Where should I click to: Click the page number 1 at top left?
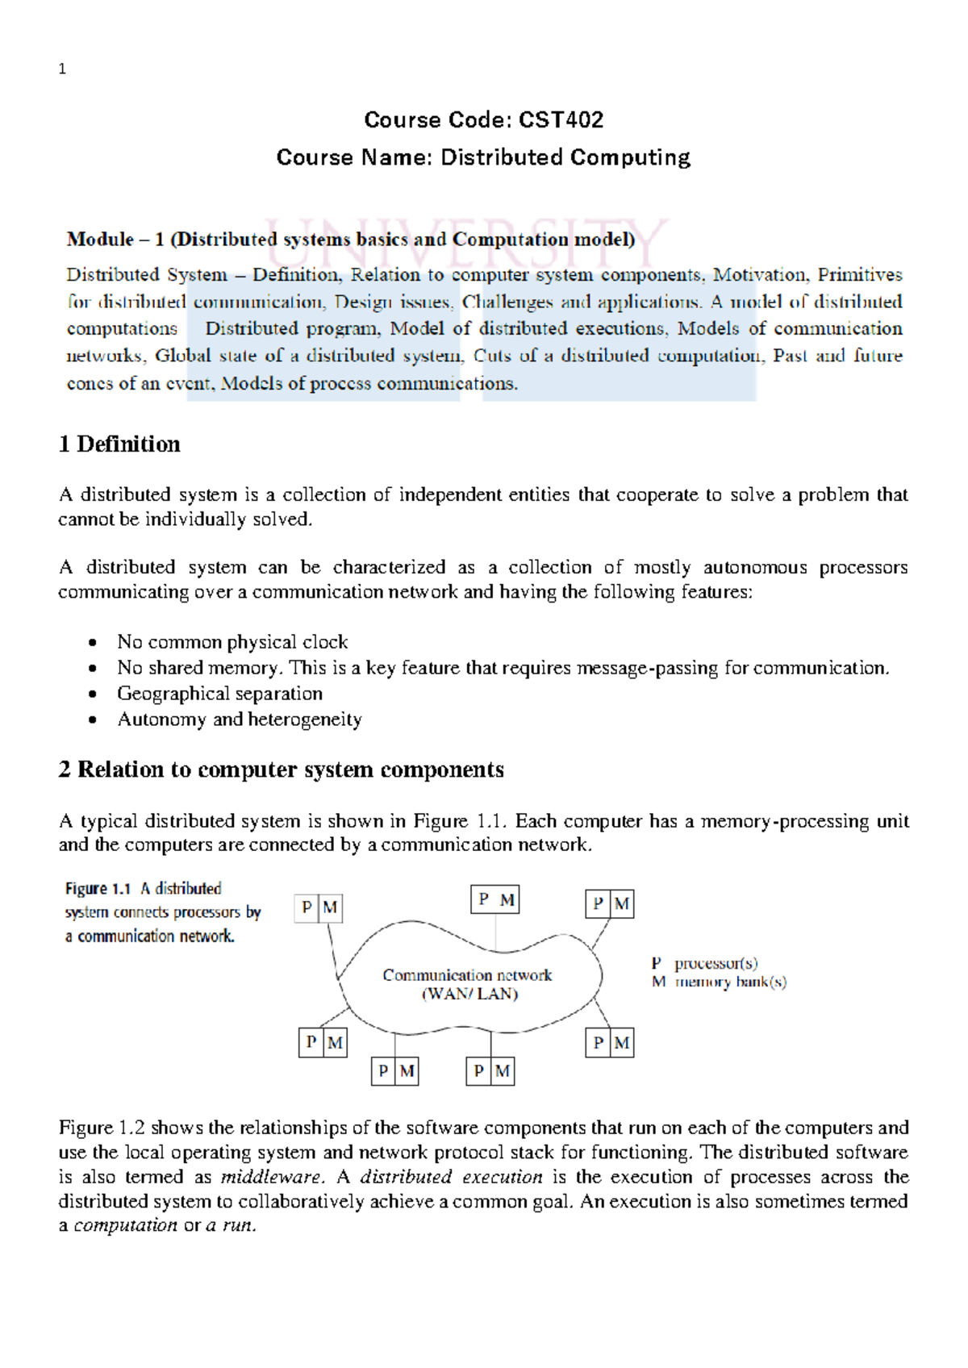pos(62,69)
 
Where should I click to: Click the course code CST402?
pos(561,120)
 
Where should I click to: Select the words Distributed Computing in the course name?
pos(565,157)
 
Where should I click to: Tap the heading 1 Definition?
pos(119,444)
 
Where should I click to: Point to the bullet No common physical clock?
pos(232,642)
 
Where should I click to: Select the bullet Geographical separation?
pos(219,694)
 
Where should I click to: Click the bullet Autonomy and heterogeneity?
pos(240,719)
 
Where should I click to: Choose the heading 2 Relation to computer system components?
pos(281,769)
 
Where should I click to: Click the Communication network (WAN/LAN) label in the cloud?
pos(468,984)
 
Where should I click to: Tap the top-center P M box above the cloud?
pos(494,899)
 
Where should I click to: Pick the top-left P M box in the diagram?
pos(319,907)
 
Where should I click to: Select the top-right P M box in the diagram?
pos(609,903)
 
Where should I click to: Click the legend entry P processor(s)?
pos(704,963)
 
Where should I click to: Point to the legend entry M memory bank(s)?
pos(719,982)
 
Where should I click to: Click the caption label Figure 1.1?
pos(98,888)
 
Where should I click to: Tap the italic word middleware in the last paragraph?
pos(271,1177)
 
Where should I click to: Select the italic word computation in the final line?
pos(125,1225)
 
